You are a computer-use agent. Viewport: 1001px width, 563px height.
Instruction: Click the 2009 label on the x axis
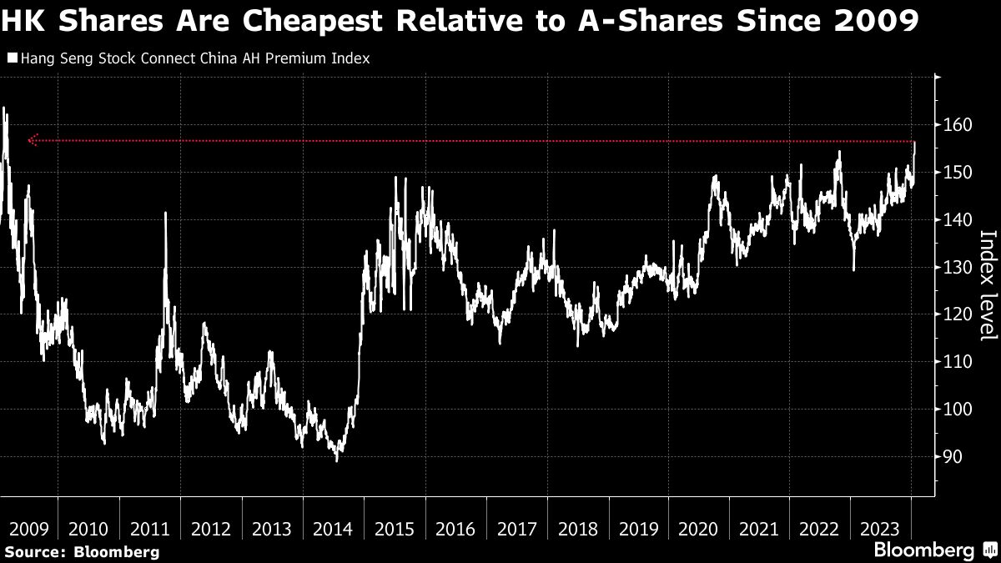(x=28, y=529)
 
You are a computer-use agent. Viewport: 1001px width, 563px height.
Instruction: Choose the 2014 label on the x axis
(x=334, y=529)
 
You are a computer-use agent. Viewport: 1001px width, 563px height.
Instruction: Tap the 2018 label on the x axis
(x=577, y=529)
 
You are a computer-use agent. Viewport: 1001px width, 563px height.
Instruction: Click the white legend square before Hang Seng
(x=13, y=58)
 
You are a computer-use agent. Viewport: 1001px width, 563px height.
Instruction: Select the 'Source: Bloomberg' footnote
(x=80, y=551)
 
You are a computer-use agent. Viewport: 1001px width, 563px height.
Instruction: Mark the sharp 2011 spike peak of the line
(x=165, y=213)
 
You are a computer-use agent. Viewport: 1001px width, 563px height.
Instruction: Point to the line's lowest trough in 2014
(x=337, y=460)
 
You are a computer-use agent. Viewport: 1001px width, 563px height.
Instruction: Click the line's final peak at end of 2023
(x=915, y=143)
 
